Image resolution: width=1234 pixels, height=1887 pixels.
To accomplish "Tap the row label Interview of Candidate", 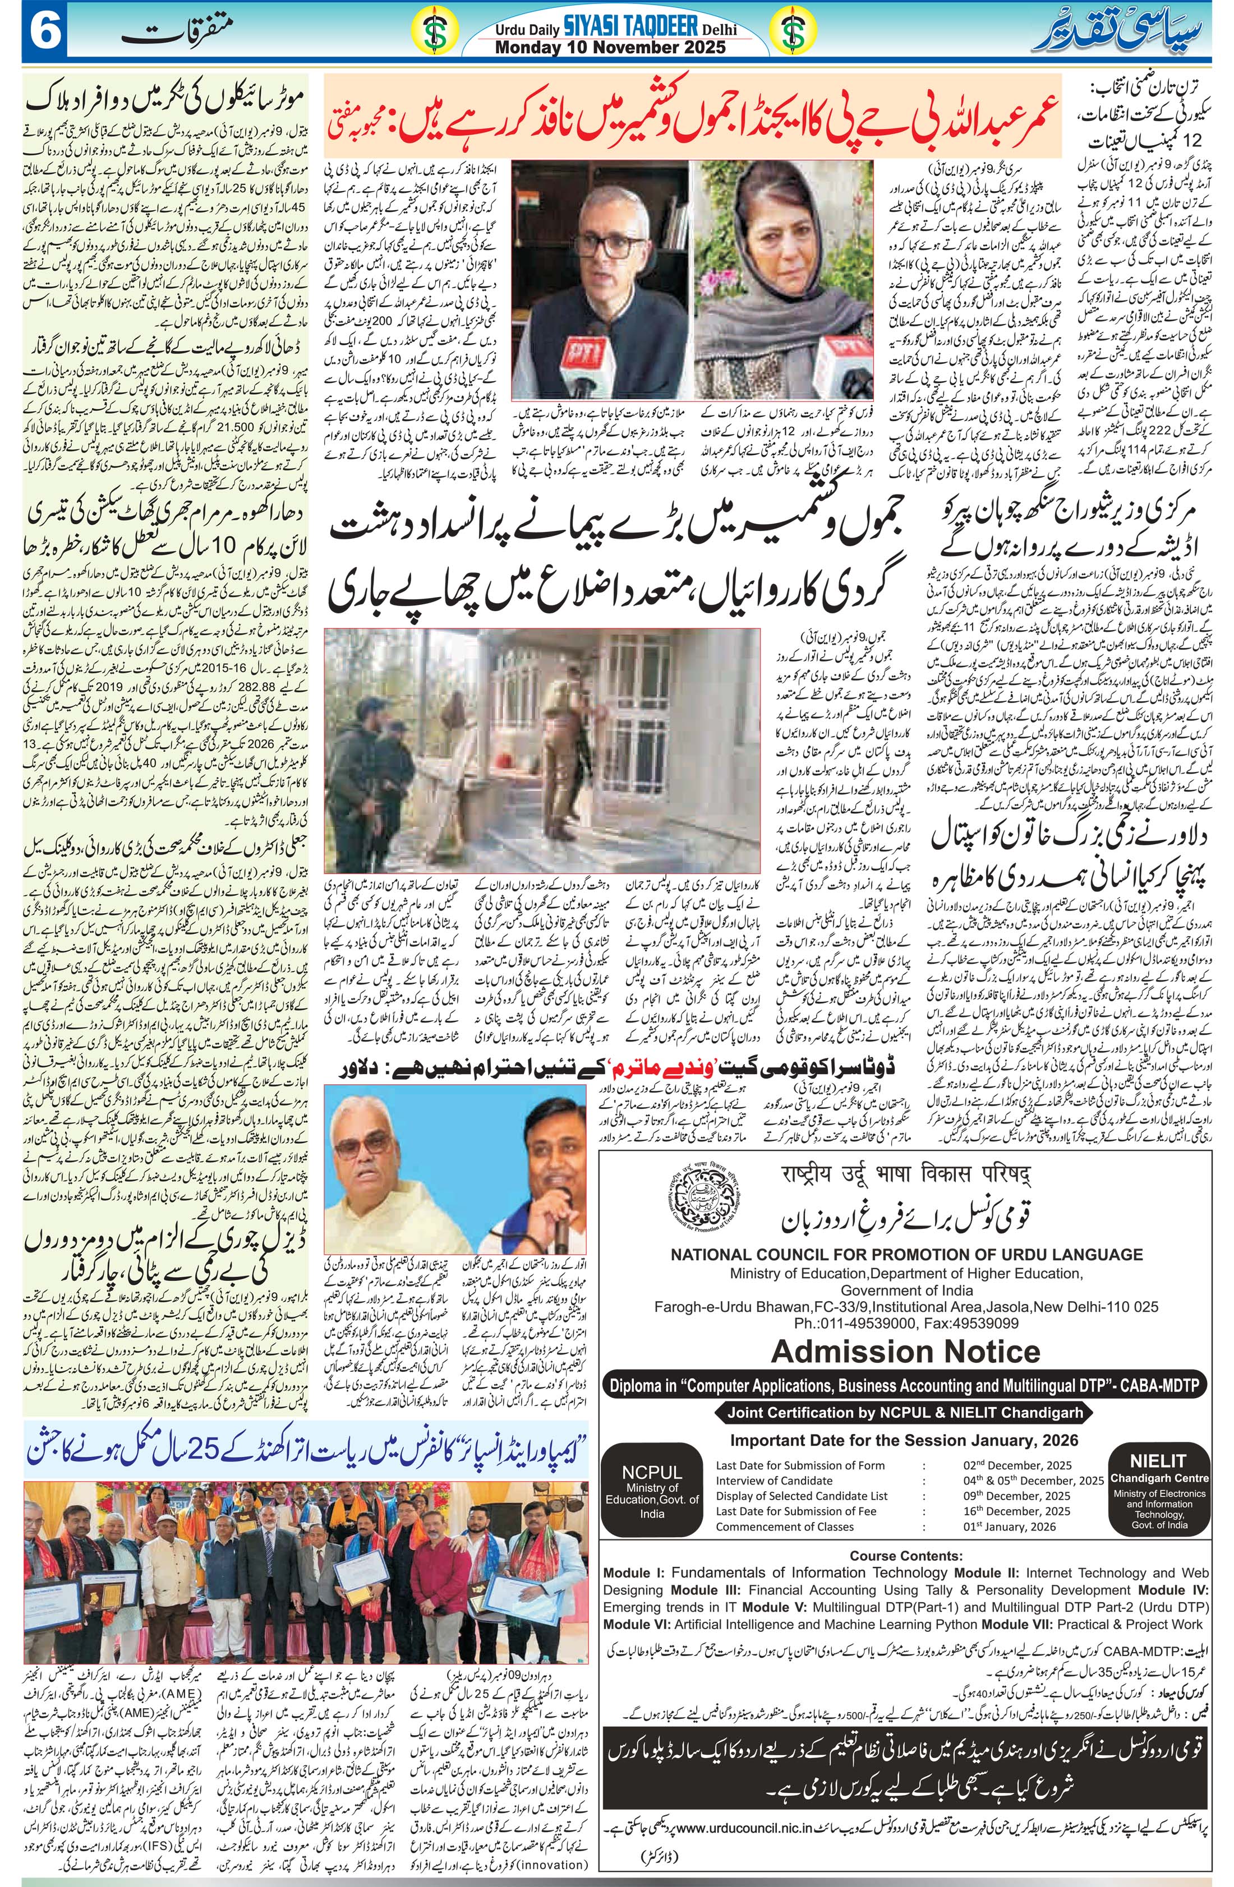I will [x=773, y=1479].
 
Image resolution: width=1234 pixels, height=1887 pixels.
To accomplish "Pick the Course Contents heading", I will [x=906, y=1556].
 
